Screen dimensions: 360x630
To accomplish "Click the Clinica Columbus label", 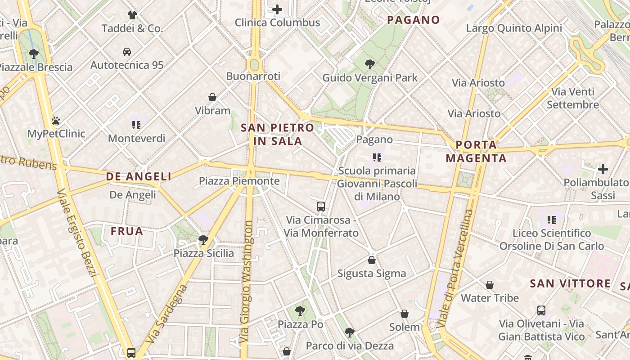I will pos(277,22).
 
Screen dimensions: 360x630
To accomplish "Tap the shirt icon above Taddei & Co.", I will pos(132,15).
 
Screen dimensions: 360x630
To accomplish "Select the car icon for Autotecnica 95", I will pos(127,52).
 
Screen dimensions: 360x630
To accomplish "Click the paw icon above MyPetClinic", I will pos(56,121).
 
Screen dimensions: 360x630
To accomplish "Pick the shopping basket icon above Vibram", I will pos(212,97).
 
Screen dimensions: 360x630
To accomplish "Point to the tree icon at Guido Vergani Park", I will pos(370,64).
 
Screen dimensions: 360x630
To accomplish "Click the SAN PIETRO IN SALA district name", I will pos(277,134).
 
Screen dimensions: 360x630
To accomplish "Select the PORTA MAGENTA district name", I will pos(476,152).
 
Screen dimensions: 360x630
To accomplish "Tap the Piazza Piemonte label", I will pos(239,181).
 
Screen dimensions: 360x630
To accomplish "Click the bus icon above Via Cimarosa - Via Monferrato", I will pos(321,207).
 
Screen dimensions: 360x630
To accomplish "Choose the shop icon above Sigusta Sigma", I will pos(372,260).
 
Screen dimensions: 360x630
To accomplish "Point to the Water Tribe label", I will pos(490,298).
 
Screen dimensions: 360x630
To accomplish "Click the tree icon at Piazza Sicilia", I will pos(203,239).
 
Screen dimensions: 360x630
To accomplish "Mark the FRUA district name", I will pos(127,231).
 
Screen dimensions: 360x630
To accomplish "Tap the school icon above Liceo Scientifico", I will pos(552,220).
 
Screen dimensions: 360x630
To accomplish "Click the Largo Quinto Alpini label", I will pos(514,28).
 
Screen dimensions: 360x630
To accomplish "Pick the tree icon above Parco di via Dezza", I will pos(349,333).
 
